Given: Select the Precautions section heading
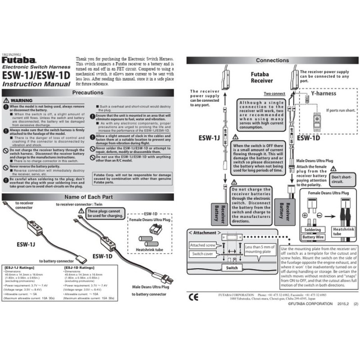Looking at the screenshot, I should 87,92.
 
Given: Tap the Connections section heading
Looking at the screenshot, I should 272,60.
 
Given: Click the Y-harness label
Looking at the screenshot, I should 323,94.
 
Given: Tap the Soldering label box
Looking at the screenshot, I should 313,230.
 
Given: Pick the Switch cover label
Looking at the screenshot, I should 202,254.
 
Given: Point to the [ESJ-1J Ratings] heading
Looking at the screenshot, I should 20,268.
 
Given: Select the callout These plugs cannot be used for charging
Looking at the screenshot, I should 104,214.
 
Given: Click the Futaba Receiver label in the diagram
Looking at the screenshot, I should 261,77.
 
